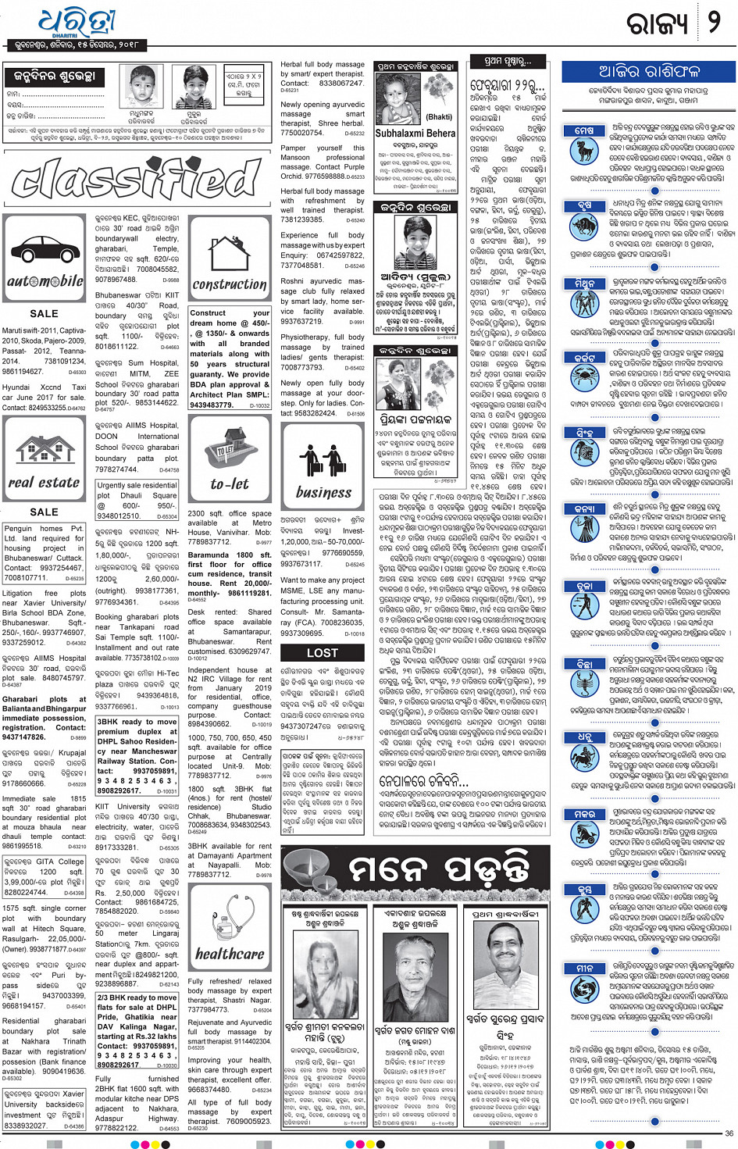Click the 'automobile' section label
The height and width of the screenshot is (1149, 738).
coord(45,281)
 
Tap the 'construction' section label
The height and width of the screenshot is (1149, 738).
coord(230,284)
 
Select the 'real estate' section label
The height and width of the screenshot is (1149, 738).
coord(44,483)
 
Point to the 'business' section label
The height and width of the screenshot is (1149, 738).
coord(323,492)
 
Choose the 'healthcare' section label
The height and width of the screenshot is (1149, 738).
coord(230,954)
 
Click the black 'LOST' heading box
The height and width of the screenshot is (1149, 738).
coord(323,652)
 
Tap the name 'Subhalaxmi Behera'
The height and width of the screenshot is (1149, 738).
coord(415,134)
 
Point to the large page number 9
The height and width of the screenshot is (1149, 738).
coord(713,23)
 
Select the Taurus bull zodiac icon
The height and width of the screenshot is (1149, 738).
coord(584,227)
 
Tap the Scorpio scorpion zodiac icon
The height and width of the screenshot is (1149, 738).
coord(584,684)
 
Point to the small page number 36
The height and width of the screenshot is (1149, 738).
coord(729,1133)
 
